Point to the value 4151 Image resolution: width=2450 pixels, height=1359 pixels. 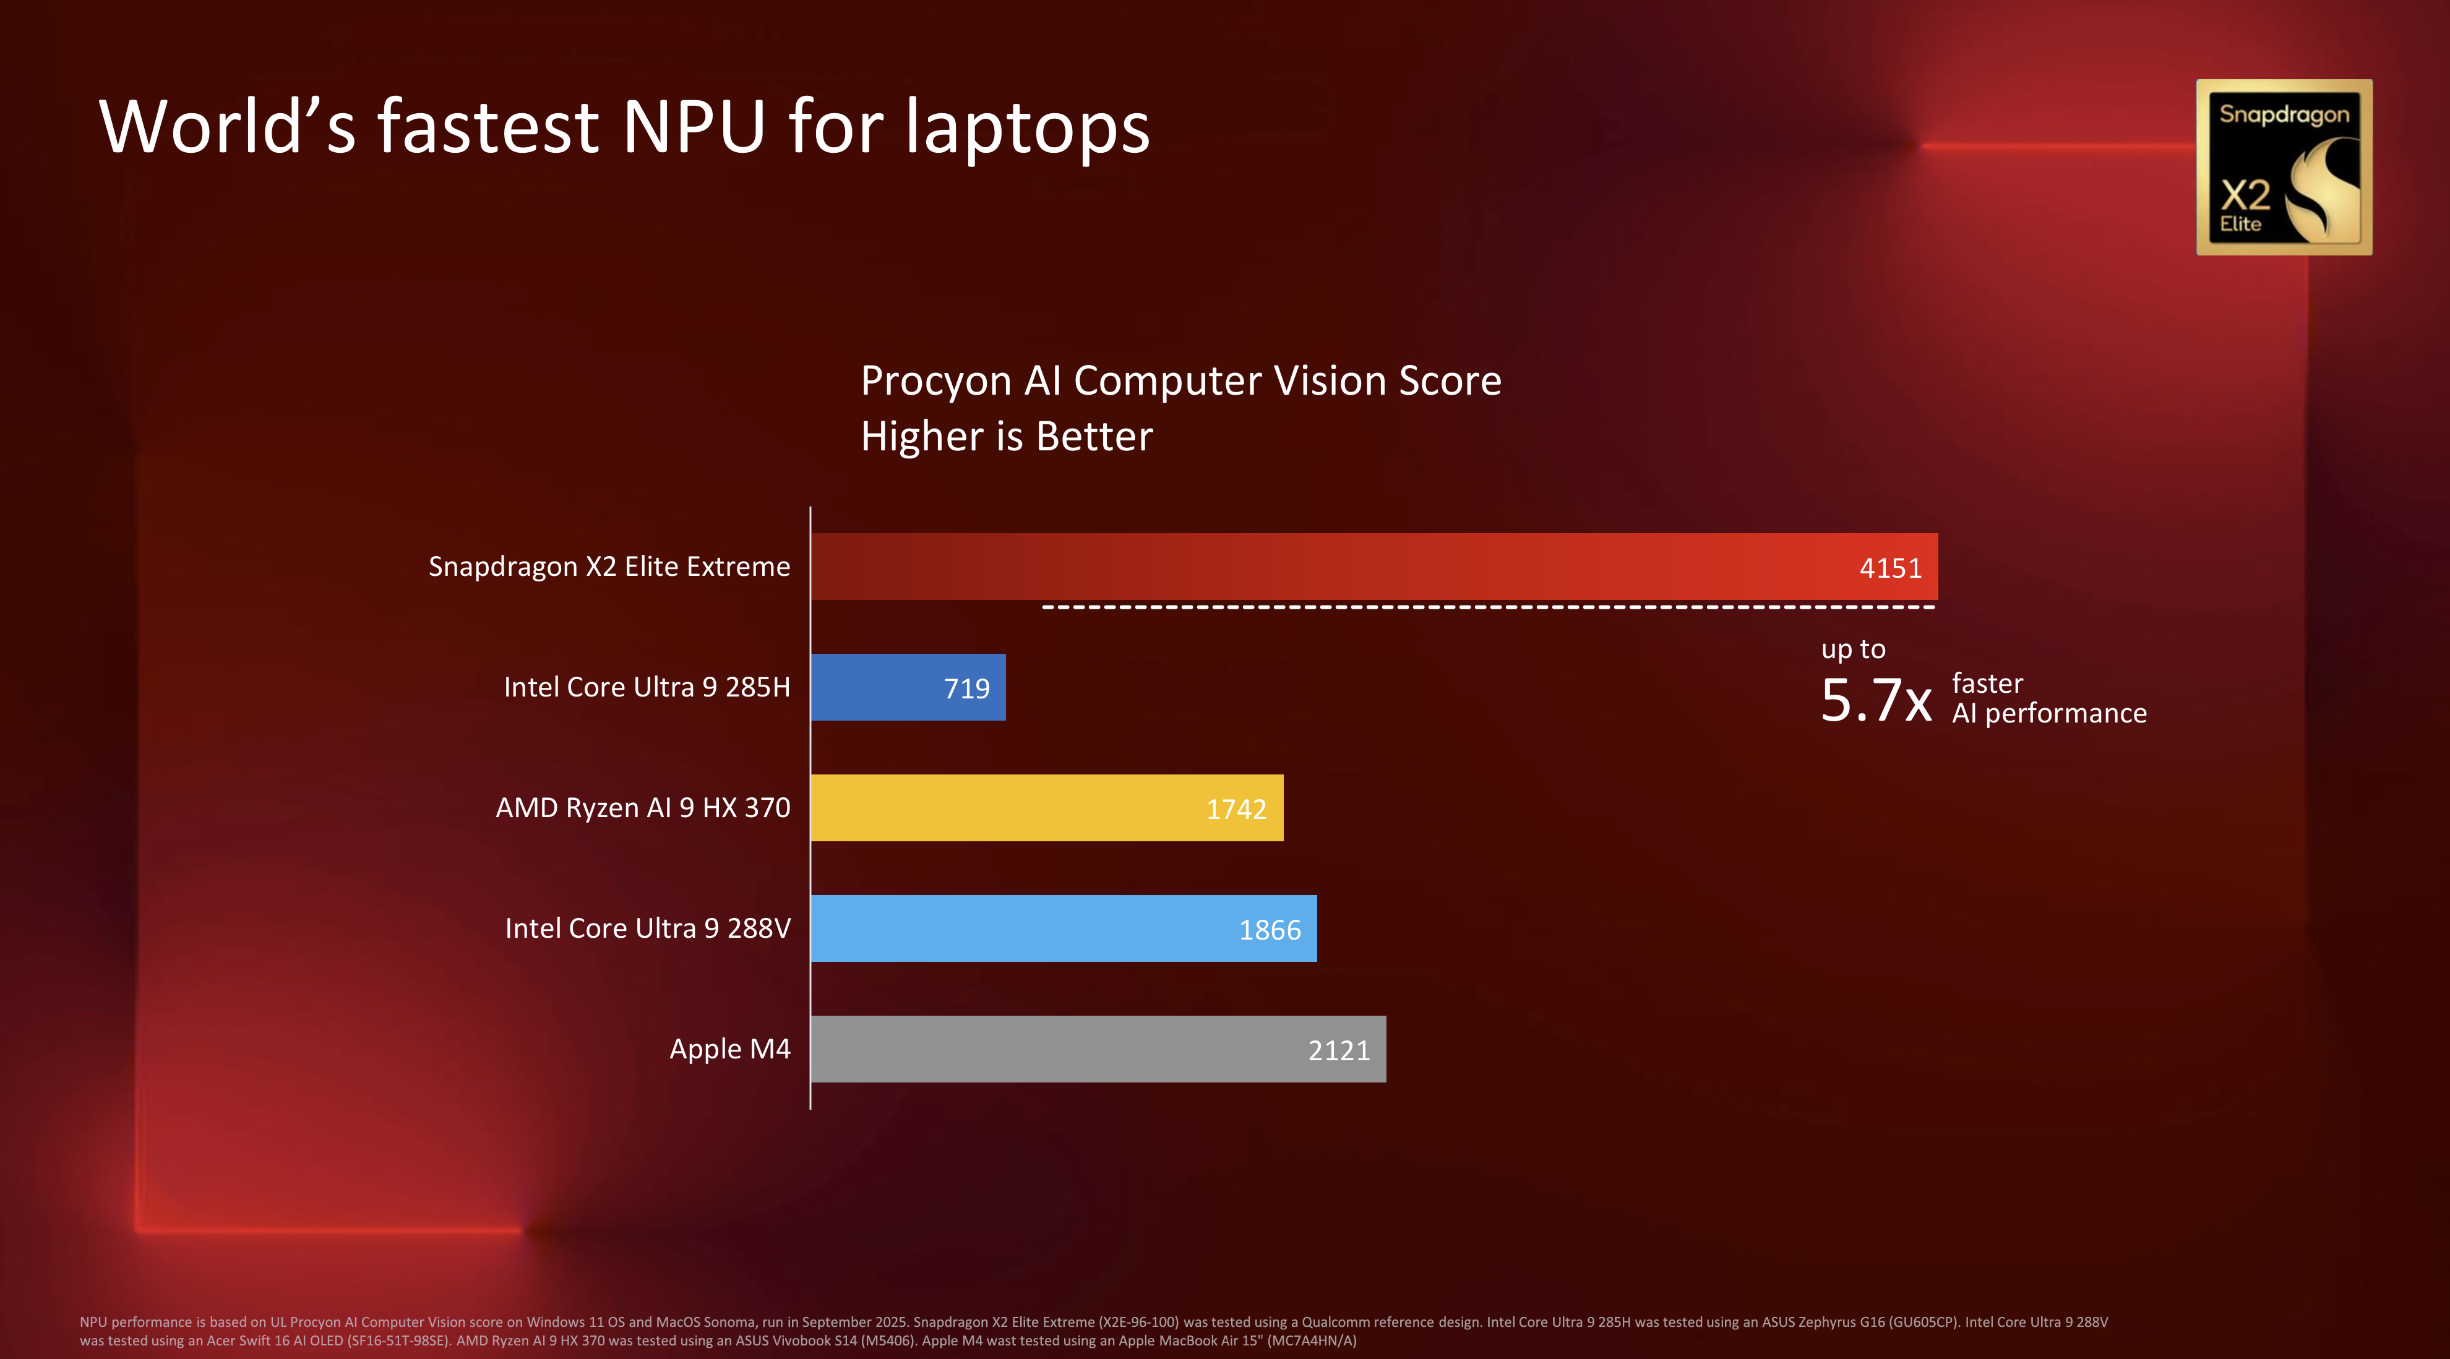coord(1890,568)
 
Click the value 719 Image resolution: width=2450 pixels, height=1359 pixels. coord(966,688)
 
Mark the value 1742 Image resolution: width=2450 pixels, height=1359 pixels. coord(1236,809)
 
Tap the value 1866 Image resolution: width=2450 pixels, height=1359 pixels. coord(1270,930)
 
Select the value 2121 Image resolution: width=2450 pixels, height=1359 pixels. coord(1338,1051)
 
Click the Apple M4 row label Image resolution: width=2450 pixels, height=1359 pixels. coord(729,1049)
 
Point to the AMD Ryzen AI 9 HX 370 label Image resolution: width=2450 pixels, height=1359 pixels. coord(643,807)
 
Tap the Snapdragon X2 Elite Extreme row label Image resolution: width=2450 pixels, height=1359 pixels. coord(609,567)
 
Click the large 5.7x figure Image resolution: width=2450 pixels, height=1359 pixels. coord(1875,701)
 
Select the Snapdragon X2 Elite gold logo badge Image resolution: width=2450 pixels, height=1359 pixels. coord(2284,168)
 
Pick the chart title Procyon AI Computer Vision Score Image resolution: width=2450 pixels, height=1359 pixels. coord(1180,380)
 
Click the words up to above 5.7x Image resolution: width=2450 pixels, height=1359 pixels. coord(1853,649)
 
